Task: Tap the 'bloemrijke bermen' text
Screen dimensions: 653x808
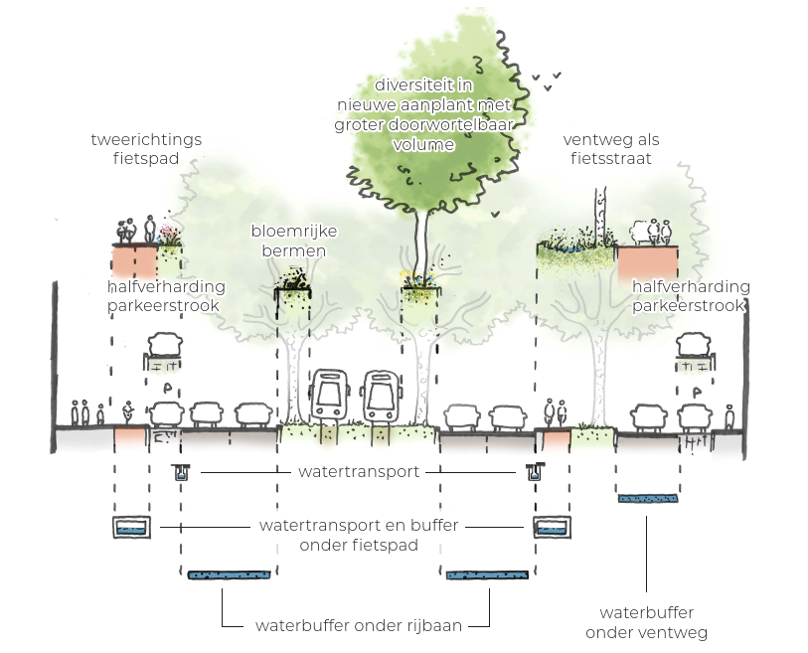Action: coord(294,242)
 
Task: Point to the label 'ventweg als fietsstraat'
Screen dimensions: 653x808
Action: coord(610,148)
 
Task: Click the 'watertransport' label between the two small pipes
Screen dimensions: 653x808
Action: coord(359,471)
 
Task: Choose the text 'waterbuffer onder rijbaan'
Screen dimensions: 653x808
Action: coord(358,626)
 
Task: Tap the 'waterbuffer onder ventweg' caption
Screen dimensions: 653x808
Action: coord(646,623)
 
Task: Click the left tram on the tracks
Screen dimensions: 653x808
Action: coord(330,397)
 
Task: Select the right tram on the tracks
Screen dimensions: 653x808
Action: coord(381,397)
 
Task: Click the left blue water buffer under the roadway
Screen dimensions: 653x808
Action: coord(230,574)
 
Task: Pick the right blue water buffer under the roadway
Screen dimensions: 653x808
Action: coord(487,574)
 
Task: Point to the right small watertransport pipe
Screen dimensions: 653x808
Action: coord(535,472)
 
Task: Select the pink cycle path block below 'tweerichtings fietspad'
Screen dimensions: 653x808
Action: coord(134,260)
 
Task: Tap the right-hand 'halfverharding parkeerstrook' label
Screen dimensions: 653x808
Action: coord(691,296)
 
